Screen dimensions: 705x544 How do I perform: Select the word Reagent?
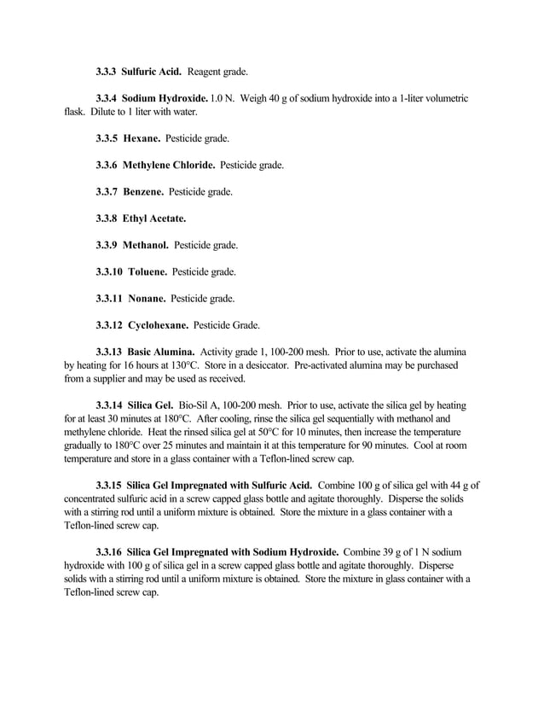tap(205, 72)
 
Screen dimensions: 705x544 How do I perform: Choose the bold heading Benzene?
tap(142, 191)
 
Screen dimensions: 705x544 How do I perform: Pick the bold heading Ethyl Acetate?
tap(154, 218)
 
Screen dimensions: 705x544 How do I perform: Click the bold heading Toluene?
tap(147, 272)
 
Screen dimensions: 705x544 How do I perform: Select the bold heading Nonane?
tap(146, 299)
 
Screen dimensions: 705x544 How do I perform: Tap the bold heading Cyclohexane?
tap(157, 325)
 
